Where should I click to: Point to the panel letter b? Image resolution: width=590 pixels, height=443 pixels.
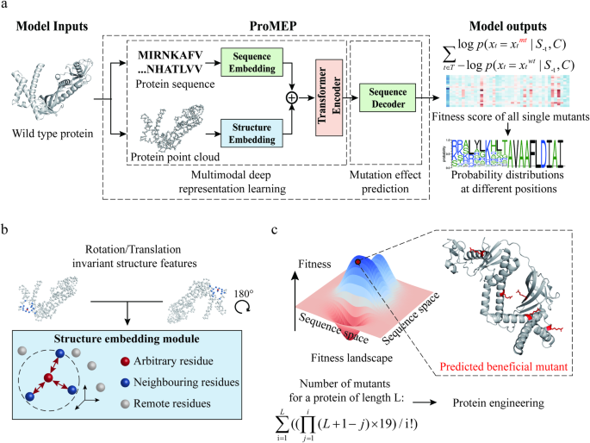click(7, 229)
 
